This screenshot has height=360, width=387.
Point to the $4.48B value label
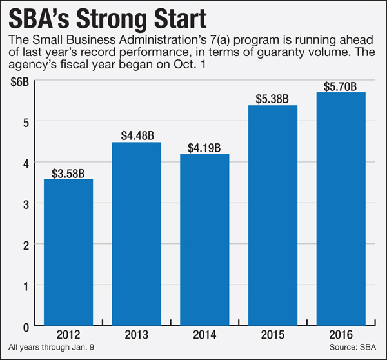136,135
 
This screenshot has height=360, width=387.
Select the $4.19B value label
204,148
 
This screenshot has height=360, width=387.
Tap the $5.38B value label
273,99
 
